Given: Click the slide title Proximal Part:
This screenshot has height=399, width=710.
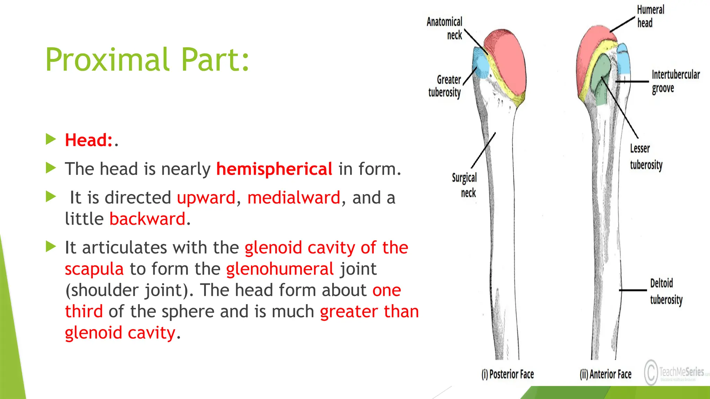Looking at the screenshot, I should [147, 60].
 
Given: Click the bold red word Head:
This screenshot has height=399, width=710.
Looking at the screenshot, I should [89, 140].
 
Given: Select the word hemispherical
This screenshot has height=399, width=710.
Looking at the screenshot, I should [274, 169].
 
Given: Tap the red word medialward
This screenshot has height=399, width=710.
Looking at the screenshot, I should [294, 198].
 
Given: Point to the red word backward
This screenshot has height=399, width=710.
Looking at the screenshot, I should [147, 219].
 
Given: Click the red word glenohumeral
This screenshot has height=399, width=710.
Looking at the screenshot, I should [280, 269].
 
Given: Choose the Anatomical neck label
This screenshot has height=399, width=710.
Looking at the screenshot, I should [445, 28].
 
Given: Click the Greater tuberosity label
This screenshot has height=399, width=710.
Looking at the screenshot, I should [445, 86].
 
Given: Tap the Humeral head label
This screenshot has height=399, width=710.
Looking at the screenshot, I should [650, 16].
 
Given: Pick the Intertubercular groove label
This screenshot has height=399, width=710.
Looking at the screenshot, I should [675, 81].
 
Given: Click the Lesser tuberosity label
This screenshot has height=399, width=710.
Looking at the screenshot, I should [646, 157].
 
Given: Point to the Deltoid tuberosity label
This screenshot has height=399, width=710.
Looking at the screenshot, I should [666, 291].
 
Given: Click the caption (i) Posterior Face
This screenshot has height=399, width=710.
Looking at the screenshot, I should [508, 374].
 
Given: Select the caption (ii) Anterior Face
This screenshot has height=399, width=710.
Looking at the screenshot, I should [605, 374].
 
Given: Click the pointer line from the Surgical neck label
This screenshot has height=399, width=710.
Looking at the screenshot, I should [483, 150].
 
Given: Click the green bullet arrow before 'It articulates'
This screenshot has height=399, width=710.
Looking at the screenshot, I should [51, 247].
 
